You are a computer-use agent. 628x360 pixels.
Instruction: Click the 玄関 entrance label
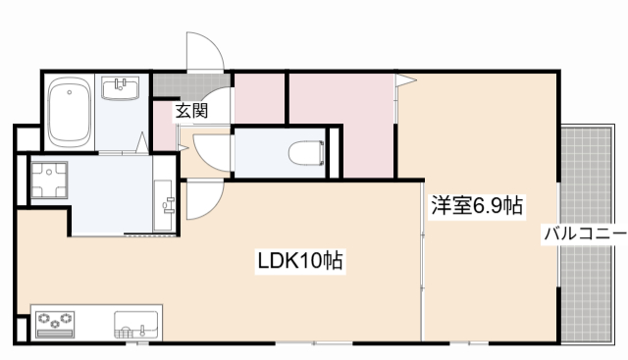point(191,111)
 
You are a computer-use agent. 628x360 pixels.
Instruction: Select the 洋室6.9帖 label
point(478,206)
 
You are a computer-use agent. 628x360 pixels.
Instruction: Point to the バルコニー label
point(584,235)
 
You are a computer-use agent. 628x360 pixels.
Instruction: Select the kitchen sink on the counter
point(135,323)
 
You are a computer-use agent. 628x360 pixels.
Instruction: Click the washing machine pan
point(45,181)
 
